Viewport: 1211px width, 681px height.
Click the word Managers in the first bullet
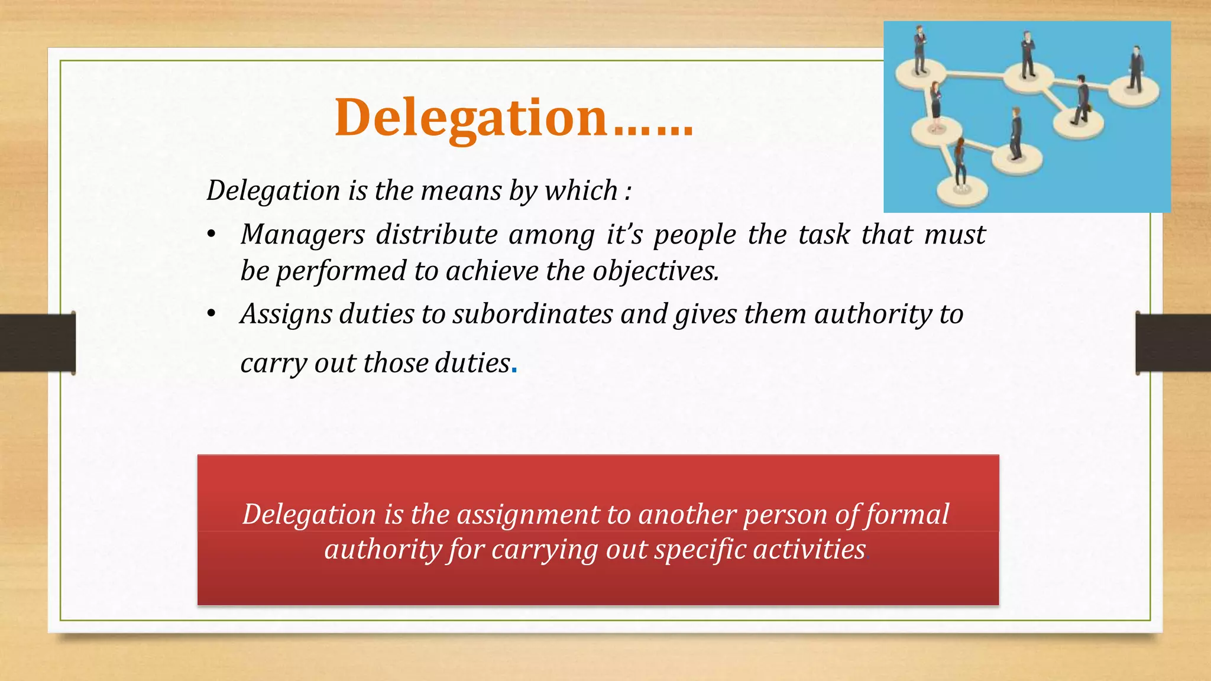click(302, 235)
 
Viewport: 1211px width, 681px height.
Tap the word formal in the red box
click(907, 514)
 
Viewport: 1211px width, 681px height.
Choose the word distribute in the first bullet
click(436, 235)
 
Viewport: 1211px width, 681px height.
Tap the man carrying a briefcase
click(1082, 99)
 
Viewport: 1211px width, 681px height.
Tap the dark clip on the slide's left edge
click(38, 343)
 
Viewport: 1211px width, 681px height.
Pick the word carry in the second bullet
click(274, 364)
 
